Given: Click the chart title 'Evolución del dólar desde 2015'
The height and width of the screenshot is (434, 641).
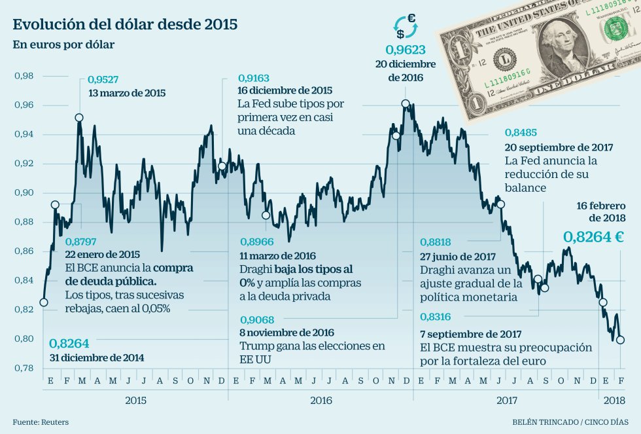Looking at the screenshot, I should [125, 25].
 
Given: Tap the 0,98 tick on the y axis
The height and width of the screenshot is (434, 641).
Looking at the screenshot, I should [24, 76].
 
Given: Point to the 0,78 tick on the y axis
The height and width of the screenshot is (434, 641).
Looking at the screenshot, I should [24, 368].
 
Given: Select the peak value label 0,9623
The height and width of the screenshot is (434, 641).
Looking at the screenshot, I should [406, 50].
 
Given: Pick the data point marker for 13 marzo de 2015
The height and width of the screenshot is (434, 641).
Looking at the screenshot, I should [79, 118].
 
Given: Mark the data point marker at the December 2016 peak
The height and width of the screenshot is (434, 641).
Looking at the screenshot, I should [406, 103].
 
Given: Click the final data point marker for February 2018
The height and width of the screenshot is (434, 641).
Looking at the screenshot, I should [620, 340].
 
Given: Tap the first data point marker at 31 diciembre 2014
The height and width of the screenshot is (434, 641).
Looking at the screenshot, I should [43, 302].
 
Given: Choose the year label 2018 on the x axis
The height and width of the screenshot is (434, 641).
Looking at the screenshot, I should [612, 401].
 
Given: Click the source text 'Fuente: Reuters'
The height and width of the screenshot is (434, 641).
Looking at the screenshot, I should [41, 422].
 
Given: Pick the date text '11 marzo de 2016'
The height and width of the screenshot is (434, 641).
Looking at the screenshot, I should [277, 255].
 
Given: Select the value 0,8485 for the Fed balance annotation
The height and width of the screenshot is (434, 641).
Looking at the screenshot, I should [522, 132].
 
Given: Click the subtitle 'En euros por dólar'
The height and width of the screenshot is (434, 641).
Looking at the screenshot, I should [54, 45].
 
